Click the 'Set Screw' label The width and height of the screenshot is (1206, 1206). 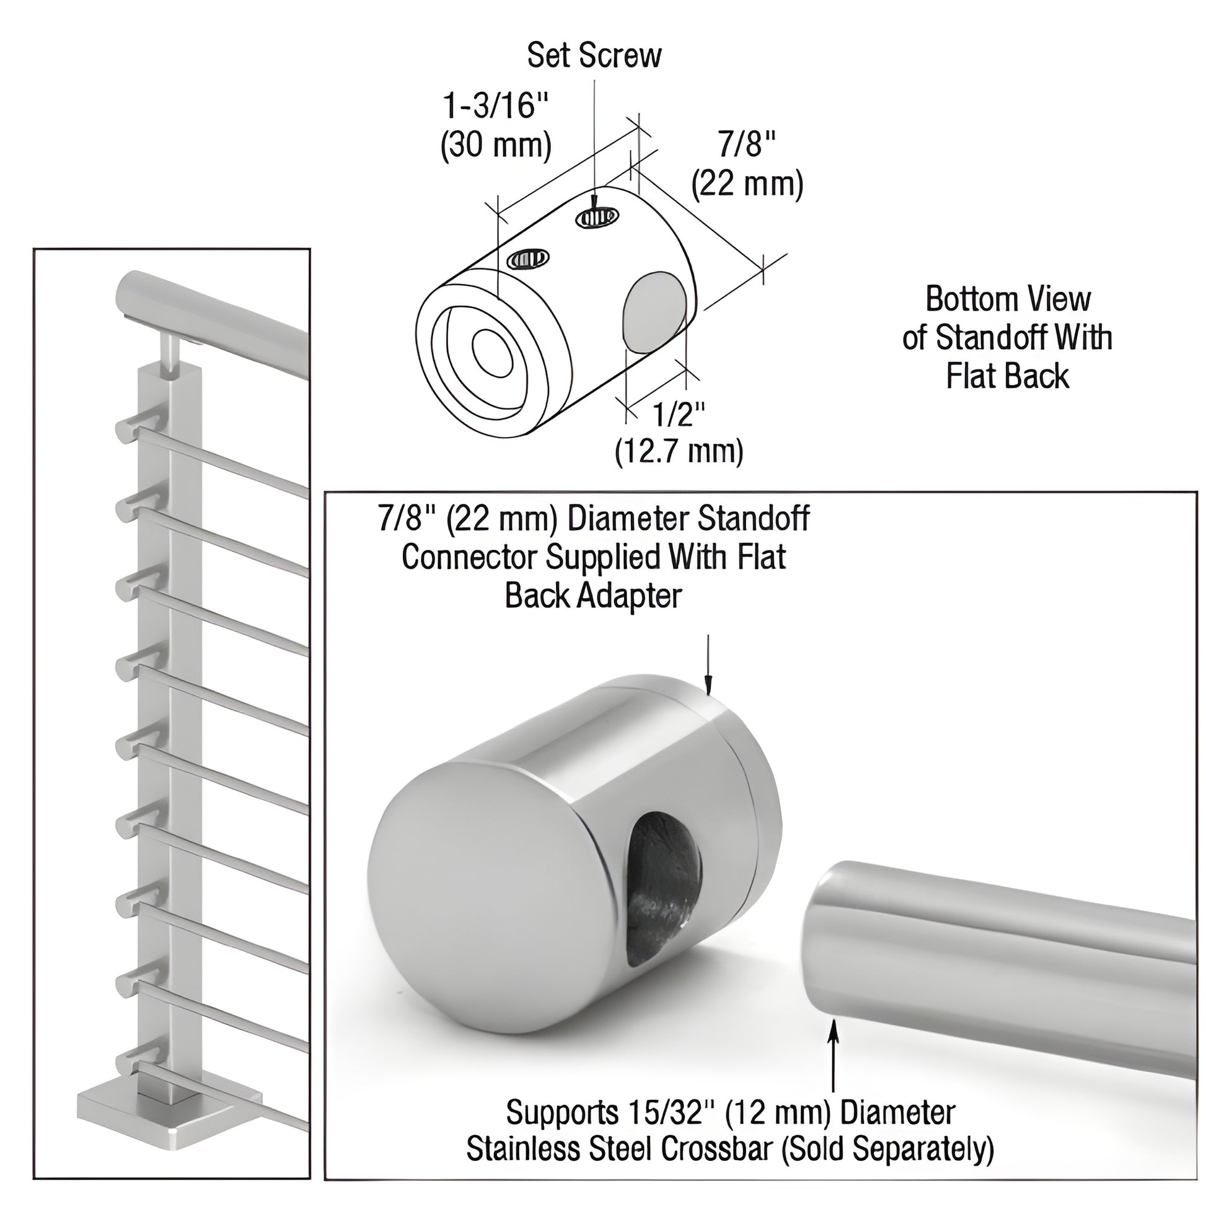pos(594,56)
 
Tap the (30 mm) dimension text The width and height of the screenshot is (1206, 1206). pos(496,146)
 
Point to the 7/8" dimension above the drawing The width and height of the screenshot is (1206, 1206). pos(747,145)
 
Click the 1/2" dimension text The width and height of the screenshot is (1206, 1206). pos(679,414)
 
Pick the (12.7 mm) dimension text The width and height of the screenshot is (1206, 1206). pos(679,451)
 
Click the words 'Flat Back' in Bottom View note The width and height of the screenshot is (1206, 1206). pos(1007,376)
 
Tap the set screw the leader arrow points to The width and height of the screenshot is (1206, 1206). pos(597,218)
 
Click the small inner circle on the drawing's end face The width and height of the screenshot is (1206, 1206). pos(493,353)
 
